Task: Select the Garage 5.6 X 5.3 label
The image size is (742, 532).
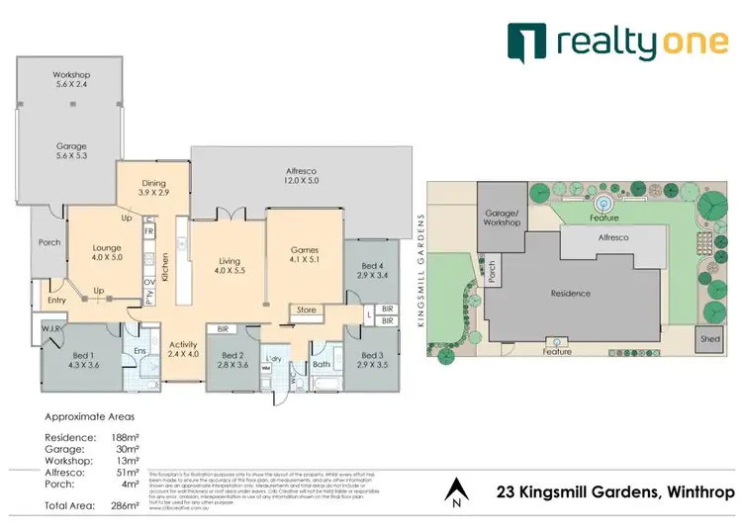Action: [71, 151]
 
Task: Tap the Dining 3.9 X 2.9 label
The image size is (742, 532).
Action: [153, 188]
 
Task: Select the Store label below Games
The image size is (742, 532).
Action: [307, 310]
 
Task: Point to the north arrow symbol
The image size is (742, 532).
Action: [456, 490]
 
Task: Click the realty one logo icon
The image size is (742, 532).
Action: [525, 42]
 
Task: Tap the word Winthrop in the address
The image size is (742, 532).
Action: [697, 491]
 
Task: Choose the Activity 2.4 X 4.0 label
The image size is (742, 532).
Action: [183, 348]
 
